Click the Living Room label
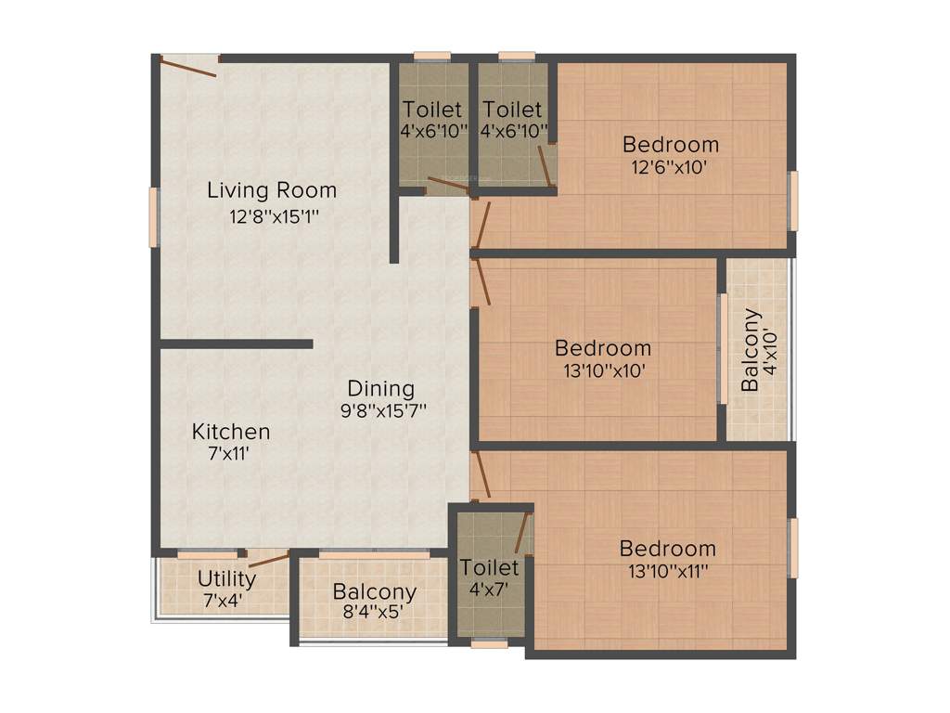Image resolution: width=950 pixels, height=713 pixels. click(x=271, y=191)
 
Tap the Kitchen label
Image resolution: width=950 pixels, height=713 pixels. click(x=231, y=432)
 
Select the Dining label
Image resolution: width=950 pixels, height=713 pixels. click(x=380, y=389)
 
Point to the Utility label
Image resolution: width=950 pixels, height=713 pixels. click(x=226, y=580)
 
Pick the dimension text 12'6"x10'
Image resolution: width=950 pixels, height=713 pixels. click(x=671, y=168)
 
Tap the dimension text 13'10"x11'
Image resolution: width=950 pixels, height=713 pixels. click(x=668, y=572)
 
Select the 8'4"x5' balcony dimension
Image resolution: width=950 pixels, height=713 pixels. click(x=374, y=612)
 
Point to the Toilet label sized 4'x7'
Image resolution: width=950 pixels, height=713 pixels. click(x=489, y=566)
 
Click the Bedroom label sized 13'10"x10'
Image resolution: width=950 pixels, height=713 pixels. click(x=603, y=348)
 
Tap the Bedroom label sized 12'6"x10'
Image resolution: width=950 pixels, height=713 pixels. click(x=671, y=145)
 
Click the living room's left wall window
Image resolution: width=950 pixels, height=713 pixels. click(x=155, y=217)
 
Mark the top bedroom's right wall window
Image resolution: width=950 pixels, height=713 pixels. click(x=793, y=200)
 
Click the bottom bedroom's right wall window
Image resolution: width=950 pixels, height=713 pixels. click(x=793, y=548)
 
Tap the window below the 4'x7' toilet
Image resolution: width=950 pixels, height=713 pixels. click(x=489, y=642)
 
